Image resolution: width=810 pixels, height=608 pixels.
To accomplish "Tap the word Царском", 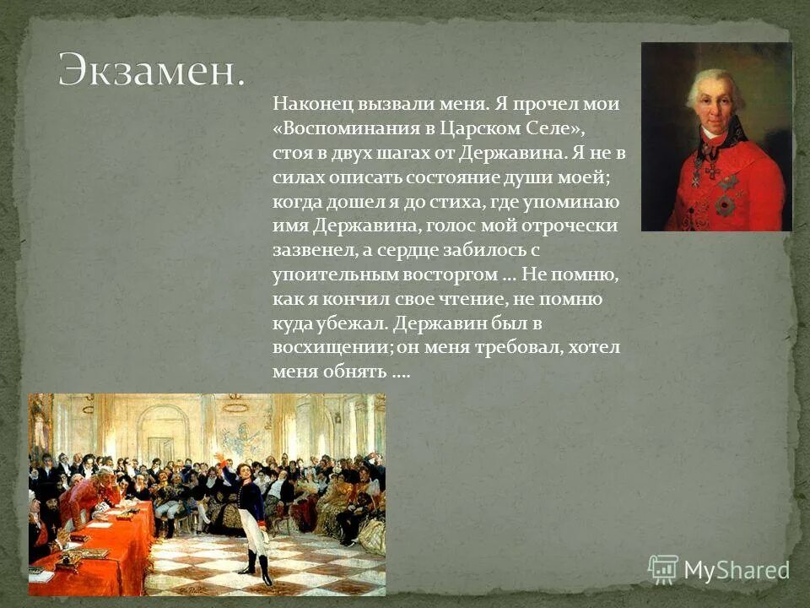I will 488,129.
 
